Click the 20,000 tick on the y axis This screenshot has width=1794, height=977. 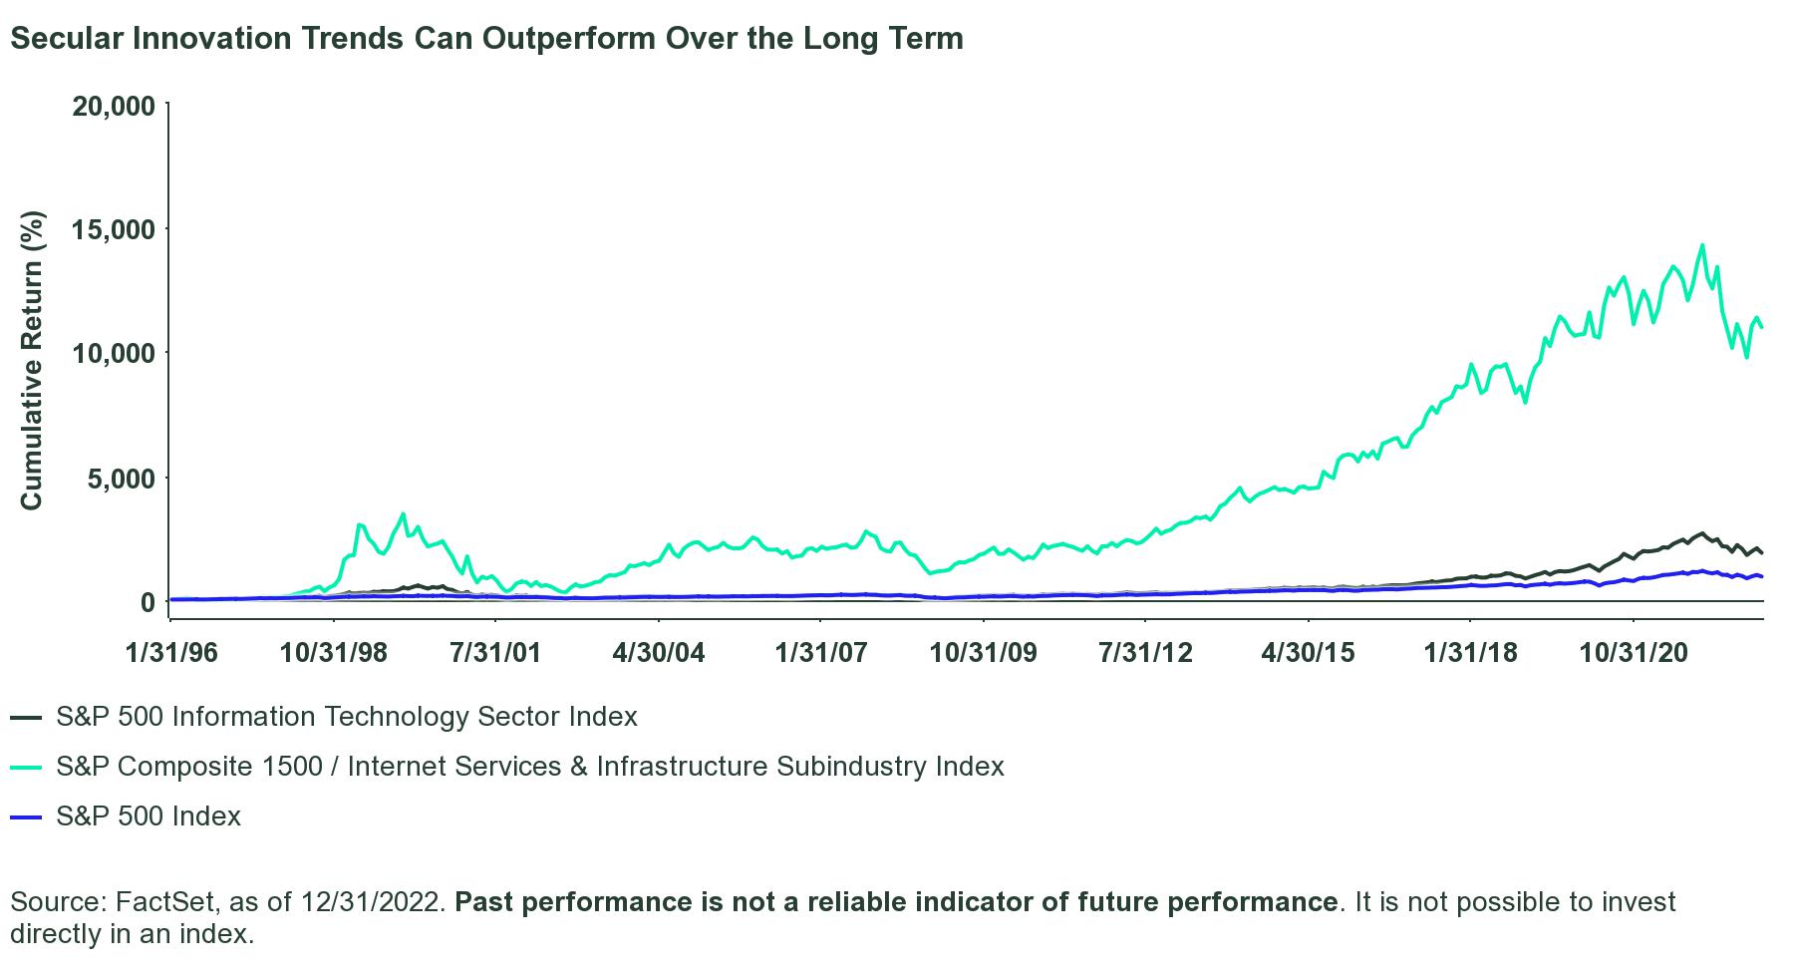click(x=114, y=105)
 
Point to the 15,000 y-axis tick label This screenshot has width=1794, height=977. click(x=114, y=229)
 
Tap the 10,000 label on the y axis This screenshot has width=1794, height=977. click(x=114, y=354)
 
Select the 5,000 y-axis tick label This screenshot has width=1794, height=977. click(x=122, y=479)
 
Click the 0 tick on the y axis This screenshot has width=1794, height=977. click(x=148, y=602)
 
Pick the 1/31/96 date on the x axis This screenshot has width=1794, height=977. click(x=171, y=652)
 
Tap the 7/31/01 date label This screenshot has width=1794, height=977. click(x=496, y=652)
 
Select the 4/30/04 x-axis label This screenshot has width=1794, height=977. click(x=659, y=652)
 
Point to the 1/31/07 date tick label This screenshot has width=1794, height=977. click(x=821, y=652)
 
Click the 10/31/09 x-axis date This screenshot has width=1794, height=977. click(x=984, y=652)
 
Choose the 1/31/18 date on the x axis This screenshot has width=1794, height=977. click(x=1471, y=652)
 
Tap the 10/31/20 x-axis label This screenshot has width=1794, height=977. click(x=1634, y=652)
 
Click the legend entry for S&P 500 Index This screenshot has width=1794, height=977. click(x=149, y=816)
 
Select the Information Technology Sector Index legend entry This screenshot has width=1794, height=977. click(x=346, y=717)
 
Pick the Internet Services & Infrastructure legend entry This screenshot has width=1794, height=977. click(x=529, y=767)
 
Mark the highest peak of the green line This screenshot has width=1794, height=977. click(x=1702, y=245)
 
